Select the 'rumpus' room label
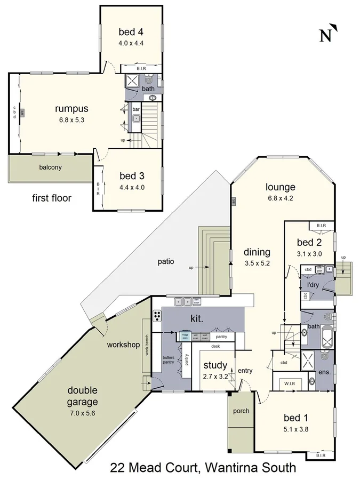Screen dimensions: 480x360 pyautogui.click(x=68, y=109)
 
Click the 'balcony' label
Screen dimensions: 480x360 pyautogui.click(x=50, y=167)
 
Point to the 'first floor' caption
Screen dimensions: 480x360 pyautogui.click(x=52, y=198)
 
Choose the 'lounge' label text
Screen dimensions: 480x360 pyautogui.click(x=281, y=187)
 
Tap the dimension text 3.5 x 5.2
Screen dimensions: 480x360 pyautogui.click(x=257, y=263)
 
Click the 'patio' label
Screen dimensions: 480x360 pyautogui.click(x=167, y=262)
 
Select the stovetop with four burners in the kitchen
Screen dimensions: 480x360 pyautogui.click(x=158, y=315)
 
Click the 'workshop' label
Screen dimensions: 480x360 pyautogui.click(x=123, y=345)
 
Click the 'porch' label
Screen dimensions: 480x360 pyautogui.click(x=241, y=412)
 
